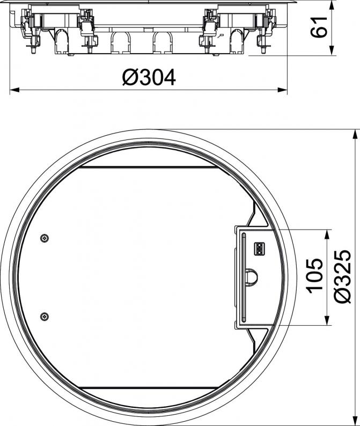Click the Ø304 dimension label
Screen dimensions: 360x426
tap(149, 77)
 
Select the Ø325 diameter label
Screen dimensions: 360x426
tap(342, 276)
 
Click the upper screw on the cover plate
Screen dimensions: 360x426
tap(45, 238)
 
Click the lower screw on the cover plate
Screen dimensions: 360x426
tap(45, 316)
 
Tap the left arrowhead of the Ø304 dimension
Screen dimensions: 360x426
tap(14, 90)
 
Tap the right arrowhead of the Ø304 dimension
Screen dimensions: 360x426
tap(282, 90)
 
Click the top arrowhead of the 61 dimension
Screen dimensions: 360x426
tap(332, 5)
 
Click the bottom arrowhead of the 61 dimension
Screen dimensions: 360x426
tap(332, 50)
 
